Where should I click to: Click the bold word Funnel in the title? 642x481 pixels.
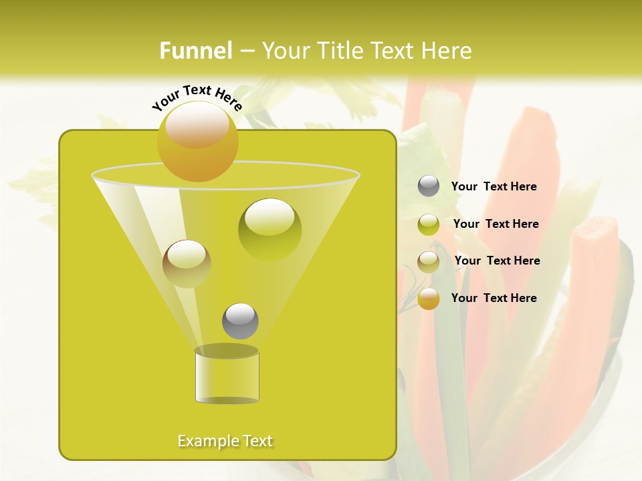195,51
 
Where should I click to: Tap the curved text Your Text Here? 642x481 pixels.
197,98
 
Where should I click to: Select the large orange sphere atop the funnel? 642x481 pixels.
198,141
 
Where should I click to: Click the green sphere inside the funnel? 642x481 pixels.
270,230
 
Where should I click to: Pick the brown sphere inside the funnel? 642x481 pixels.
187,263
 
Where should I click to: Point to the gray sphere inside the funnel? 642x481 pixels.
240,321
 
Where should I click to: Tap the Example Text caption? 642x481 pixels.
225,441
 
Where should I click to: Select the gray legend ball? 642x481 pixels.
429,186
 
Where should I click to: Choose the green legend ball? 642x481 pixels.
429,224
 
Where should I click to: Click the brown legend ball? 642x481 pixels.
429,262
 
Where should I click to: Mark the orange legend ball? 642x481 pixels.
429,299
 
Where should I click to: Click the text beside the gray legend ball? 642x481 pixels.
494,187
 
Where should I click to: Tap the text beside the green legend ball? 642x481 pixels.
496,224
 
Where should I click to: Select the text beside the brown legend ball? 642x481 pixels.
497,261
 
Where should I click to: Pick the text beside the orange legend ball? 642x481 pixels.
494,298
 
